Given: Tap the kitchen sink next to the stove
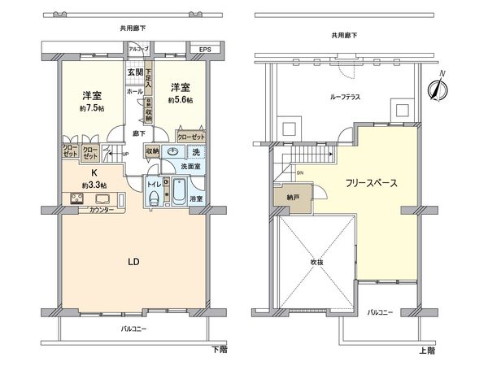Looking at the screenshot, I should point(103,199).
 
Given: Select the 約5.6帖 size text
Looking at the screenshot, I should point(181,100).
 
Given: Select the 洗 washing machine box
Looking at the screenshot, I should point(196,150).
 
